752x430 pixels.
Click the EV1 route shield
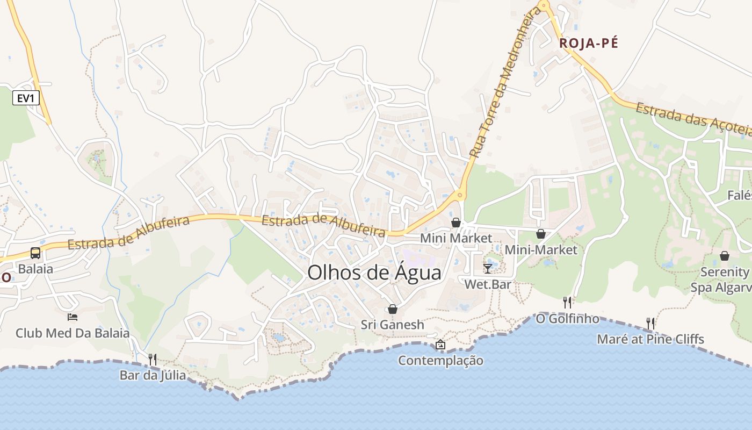(25, 98)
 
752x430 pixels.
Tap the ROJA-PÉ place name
(589, 44)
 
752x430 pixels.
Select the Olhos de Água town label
(374, 273)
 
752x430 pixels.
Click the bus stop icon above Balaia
(35, 253)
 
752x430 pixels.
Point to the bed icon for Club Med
(73, 317)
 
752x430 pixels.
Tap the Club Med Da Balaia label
(73, 333)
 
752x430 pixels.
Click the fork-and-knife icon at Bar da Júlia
(153, 359)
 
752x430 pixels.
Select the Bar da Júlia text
(153, 375)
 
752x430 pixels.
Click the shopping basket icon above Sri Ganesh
(393, 309)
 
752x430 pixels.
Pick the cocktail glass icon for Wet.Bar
(488, 268)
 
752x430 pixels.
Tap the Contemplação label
(440, 361)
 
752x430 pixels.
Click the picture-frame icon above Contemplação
(440, 345)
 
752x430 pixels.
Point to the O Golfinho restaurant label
(568, 319)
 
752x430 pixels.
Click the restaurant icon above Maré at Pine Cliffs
(650, 323)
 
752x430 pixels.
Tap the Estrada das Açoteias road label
(693, 119)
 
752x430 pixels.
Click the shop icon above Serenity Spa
(725, 256)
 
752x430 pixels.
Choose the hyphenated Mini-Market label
(541, 250)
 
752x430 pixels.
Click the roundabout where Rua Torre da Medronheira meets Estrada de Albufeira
(459, 195)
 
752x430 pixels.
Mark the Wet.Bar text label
(488, 284)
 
